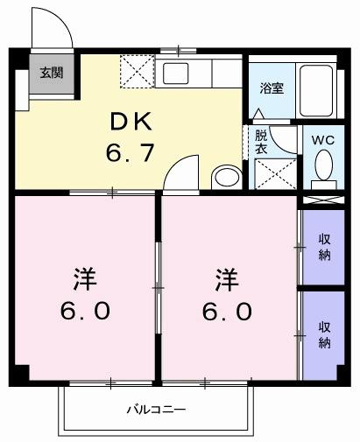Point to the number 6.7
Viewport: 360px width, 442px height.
click(x=131, y=154)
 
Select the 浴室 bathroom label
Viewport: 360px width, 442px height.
click(x=271, y=88)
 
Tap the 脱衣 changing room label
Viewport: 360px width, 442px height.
click(x=261, y=142)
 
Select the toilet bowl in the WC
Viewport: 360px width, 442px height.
click(x=322, y=165)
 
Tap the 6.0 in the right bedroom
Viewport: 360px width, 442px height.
click(x=229, y=312)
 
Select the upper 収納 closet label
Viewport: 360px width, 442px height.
click(x=324, y=247)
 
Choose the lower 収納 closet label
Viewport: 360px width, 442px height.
click(x=324, y=334)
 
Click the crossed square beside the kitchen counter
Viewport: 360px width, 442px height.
click(x=138, y=70)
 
